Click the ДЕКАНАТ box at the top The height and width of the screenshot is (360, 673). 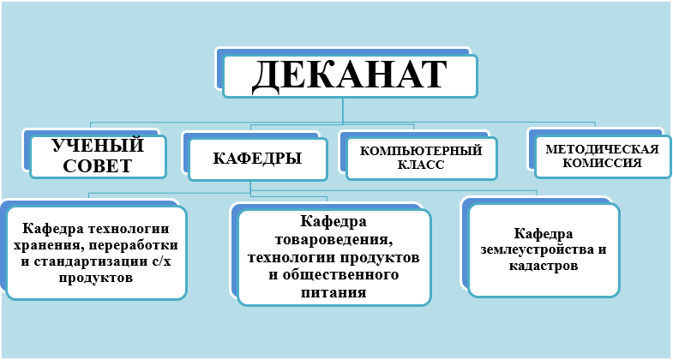point(350,76)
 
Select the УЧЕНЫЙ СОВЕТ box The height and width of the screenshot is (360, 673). point(98,156)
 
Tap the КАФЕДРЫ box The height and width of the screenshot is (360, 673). point(257,159)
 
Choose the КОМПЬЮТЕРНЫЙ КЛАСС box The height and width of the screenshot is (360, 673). point(421,158)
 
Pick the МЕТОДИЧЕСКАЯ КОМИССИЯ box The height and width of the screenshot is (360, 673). point(603,156)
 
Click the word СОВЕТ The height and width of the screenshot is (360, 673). point(98,166)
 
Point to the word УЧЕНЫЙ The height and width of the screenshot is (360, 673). point(98,146)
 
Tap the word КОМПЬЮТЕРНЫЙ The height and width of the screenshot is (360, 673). point(421,151)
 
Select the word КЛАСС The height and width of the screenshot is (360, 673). point(421,165)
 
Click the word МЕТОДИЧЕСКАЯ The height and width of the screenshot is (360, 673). point(602,149)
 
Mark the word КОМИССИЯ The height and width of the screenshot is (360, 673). point(602,163)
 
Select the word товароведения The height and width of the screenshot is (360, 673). point(333,239)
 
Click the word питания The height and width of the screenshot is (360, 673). point(333,293)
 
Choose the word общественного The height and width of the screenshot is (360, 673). point(340,274)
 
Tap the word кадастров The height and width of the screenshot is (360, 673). point(544,266)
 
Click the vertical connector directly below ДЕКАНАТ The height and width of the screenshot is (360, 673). point(343,111)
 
